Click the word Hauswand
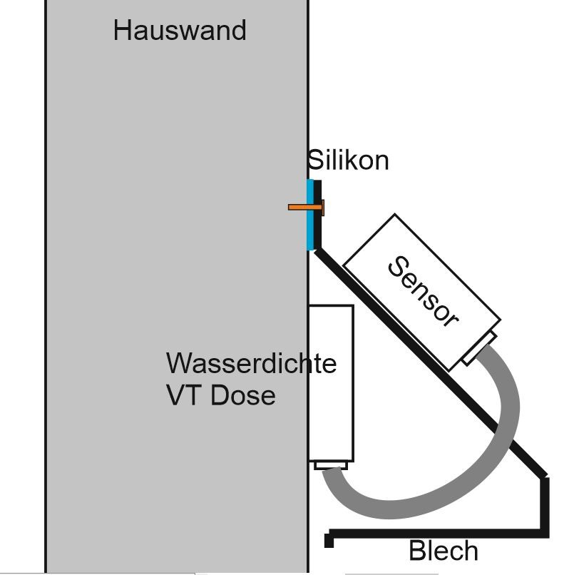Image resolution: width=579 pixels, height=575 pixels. tap(180, 31)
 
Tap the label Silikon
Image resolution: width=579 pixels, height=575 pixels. tap(349, 161)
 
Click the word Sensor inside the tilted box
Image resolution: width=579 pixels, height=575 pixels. tap(422, 292)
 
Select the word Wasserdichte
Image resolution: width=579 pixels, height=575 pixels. tap(251, 363)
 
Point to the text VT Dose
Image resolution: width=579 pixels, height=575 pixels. tap(220, 395)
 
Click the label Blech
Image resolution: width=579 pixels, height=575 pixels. tap(443, 551)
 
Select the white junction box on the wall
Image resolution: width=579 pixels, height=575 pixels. tap(331, 382)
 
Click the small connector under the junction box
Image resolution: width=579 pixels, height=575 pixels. tap(331, 466)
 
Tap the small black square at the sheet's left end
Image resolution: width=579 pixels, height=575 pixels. tap(329, 541)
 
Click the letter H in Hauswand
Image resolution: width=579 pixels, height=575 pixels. tap(123, 31)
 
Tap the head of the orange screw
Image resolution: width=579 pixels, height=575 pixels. tap(323, 208)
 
